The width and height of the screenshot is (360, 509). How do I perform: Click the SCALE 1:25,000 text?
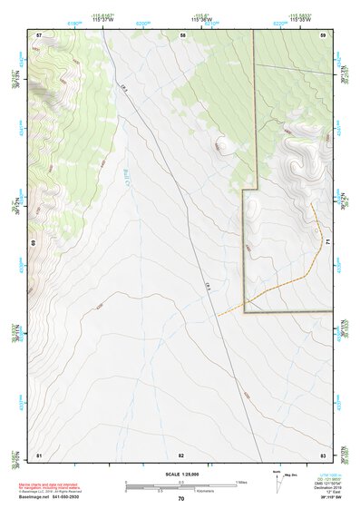pyautogui.click(x=181, y=474)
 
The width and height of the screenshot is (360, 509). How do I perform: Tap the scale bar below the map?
pyautogui.click(x=180, y=488)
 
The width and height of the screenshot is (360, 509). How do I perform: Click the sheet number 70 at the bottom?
pyautogui.click(x=181, y=499)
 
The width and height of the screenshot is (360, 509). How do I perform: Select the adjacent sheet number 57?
pyautogui.click(x=39, y=34)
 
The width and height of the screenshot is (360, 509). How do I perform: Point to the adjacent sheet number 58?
pyautogui.click(x=183, y=34)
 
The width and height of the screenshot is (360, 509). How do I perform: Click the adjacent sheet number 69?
pyautogui.click(x=33, y=243)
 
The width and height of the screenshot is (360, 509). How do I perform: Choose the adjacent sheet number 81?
pyautogui.click(x=39, y=454)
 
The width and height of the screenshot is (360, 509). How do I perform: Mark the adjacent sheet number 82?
pyautogui.click(x=181, y=454)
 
